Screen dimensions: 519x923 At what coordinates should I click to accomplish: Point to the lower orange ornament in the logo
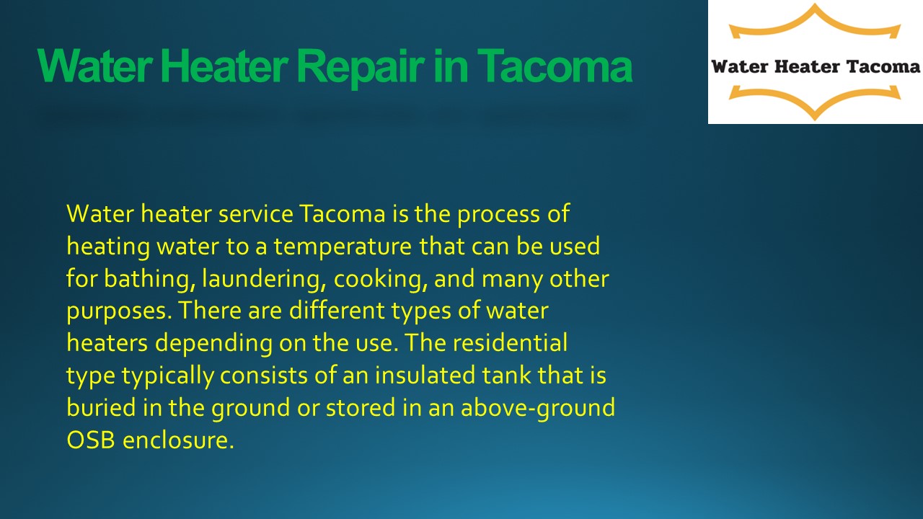tap(814, 100)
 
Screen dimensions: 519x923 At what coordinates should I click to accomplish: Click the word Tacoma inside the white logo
tap(884, 67)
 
